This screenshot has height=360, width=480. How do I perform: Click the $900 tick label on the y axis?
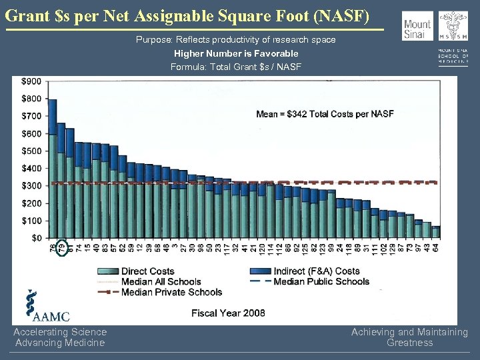pyautogui.click(x=31, y=81)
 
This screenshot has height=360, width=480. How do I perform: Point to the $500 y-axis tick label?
pyautogui.click(x=31, y=151)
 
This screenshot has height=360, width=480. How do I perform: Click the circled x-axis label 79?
pyautogui.click(x=61, y=247)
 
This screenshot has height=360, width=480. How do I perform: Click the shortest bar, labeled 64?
pyautogui.click(x=436, y=233)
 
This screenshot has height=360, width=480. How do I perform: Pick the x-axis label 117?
pyautogui.click(x=227, y=249)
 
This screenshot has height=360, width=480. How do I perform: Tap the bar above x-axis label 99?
pyautogui.click(x=331, y=214)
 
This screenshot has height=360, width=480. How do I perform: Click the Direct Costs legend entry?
pyautogui.click(x=147, y=271)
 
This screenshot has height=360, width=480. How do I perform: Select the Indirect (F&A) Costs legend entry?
pyautogui.click(x=316, y=271)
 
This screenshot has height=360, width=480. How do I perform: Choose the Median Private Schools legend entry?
pyautogui.click(x=171, y=291)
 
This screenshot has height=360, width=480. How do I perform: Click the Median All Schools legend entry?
pyautogui.click(x=161, y=281)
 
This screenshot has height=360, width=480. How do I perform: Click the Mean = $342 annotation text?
pyautogui.click(x=325, y=114)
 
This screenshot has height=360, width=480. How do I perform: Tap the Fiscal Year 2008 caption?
pyautogui.click(x=228, y=313)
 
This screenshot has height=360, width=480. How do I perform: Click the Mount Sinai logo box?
pyautogui.click(x=418, y=26)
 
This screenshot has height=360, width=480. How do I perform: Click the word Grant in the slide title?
pyautogui.click(x=27, y=14)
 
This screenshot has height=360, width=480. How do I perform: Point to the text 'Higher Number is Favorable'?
pyautogui.click(x=236, y=53)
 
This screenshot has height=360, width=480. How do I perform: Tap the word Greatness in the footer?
pyautogui.click(x=409, y=343)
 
